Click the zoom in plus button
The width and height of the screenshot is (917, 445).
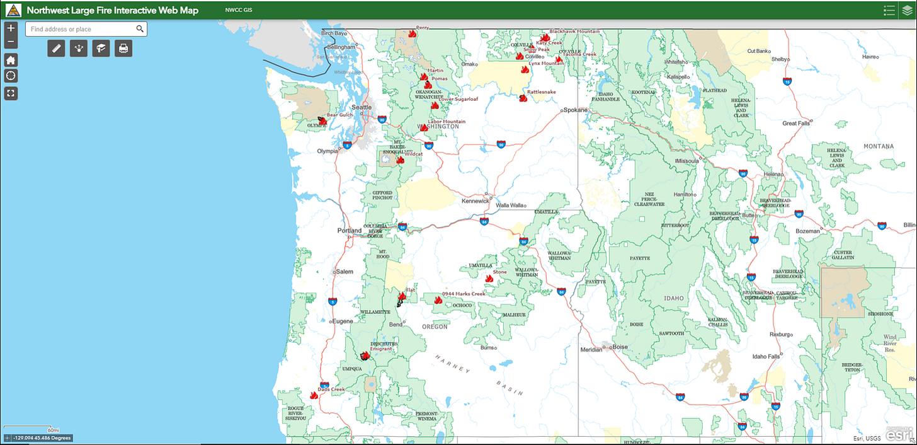(11, 28)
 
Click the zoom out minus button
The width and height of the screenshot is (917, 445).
(11, 42)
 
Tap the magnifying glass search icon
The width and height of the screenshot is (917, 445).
(140, 29)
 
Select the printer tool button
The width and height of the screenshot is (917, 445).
(123, 48)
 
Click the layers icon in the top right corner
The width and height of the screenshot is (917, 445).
(907, 10)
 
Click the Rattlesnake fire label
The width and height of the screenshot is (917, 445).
(542, 92)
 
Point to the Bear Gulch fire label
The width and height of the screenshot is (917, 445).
(340, 115)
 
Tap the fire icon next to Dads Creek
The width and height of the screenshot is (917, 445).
(314, 396)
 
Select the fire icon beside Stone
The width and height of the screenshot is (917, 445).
(489, 279)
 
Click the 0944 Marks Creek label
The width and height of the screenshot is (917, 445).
(464, 294)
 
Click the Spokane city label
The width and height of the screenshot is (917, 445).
(575, 110)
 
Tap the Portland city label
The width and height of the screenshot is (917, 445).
(350, 231)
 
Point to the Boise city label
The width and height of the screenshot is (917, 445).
(620, 347)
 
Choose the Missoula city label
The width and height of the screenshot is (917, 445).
(689, 161)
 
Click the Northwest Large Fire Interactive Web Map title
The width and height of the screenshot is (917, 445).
(112, 10)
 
